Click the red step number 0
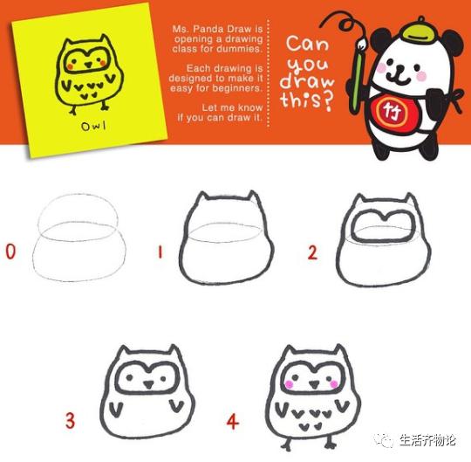(10, 252)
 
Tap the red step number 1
(160, 252)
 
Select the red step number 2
(312, 252)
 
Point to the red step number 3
(70, 420)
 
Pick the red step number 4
(233, 421)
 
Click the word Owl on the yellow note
(93, 126)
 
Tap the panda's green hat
(417, 32)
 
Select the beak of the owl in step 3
(147, 384)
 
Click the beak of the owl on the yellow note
(88, 65)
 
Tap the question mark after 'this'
(329, 100)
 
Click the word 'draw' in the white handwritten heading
(307, 81)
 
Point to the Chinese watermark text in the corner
(427, 441)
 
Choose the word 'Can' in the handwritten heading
(307, 44)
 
